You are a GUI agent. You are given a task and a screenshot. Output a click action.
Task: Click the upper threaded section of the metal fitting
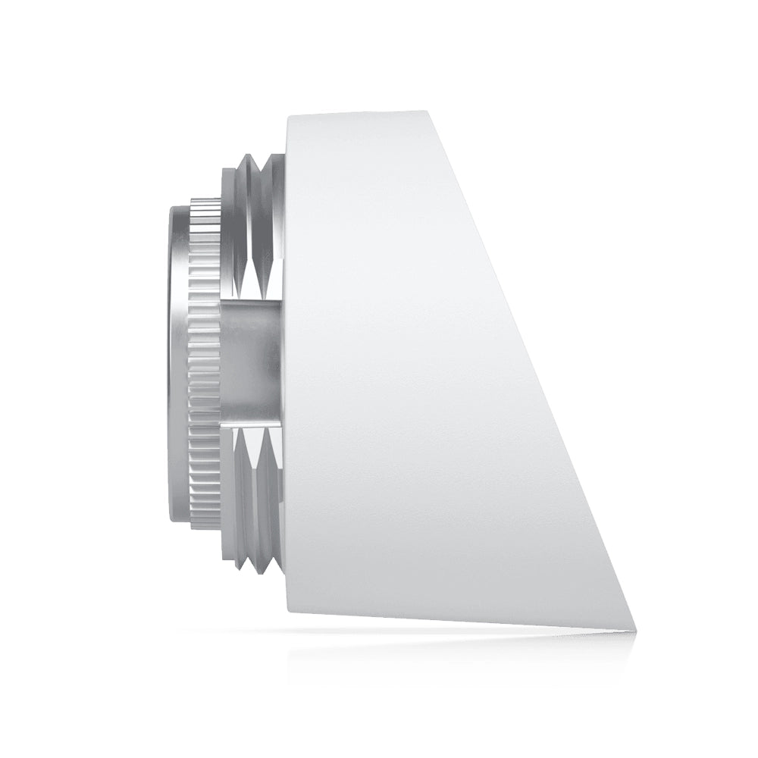[x=255, y=220]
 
